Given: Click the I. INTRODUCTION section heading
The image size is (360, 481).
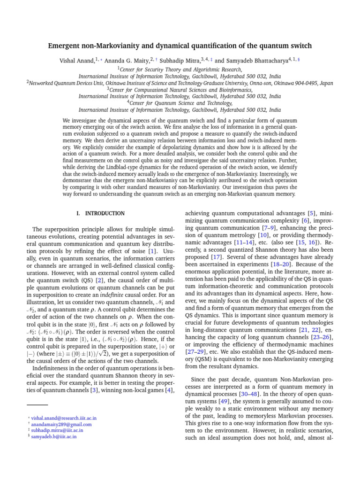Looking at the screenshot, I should pyautogui.click(x=101, y=213).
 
